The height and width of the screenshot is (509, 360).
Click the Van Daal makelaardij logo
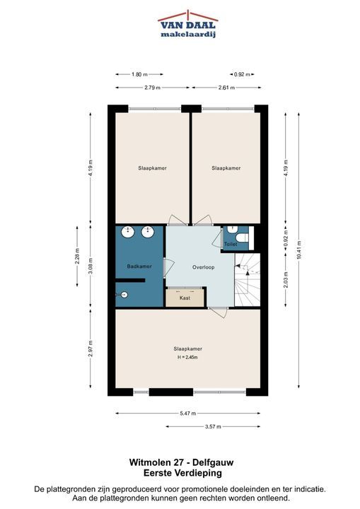[188, 25]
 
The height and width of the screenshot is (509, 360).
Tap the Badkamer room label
[139, 267]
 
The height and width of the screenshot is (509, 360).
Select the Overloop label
[204, 267]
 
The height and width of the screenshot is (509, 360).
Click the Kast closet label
[185, 298]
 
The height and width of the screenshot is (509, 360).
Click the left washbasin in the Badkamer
[128, 231]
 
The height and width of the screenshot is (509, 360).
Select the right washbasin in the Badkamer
[148, 231]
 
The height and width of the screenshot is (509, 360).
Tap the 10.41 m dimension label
[299, 250]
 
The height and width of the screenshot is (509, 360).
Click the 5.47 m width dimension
[188, 414]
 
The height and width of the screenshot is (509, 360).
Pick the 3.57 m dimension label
[213, 426]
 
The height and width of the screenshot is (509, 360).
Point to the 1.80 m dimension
[139, 74]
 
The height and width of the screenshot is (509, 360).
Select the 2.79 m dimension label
[152, 88]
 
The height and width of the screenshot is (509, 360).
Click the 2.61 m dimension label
[226, 88]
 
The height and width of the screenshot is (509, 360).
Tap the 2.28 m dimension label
[77, 257]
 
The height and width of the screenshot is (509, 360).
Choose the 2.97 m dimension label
[91, 349]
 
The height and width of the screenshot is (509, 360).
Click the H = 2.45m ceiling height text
[187, 357]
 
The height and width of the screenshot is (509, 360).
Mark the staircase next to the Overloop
[248, 280]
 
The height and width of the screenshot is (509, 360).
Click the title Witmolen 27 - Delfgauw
[181, 462]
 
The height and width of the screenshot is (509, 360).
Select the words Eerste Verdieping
[182, 473]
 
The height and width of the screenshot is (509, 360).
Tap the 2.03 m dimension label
[286, 279]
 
